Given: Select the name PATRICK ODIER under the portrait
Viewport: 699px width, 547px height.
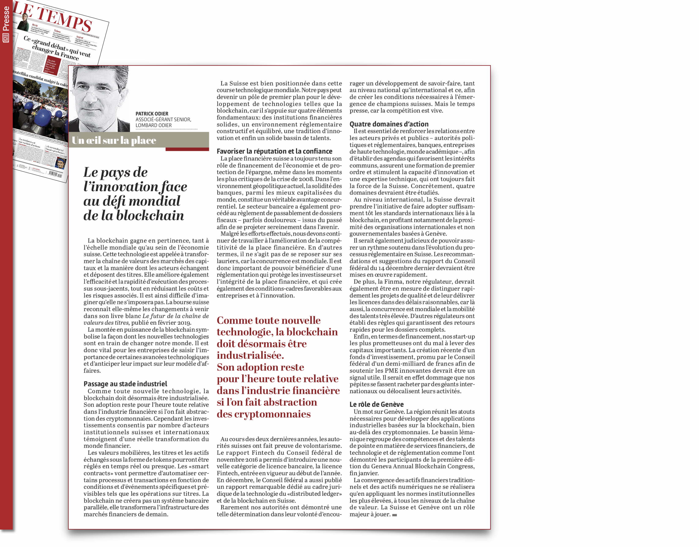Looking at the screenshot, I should [x=152, y=114].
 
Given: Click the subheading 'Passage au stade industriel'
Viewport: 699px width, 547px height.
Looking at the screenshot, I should [x=125, y=384].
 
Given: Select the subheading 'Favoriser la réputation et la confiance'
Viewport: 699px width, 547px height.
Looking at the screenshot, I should [x=274, y=151].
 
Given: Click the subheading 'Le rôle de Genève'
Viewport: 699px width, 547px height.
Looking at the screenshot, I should [x=376, y=404].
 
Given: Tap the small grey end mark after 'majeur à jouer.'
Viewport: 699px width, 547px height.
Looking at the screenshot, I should [x=395, y=515].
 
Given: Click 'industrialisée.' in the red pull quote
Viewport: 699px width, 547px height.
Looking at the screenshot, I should [x=250, y=356].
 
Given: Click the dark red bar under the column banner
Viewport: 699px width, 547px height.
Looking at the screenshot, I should [x=187, y=149].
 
